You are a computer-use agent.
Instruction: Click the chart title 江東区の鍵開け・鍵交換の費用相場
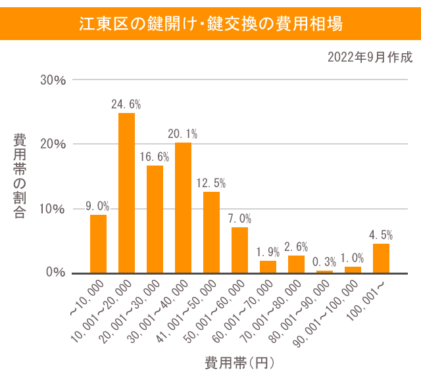coord(210,24)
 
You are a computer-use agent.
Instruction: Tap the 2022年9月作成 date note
coord(370,57)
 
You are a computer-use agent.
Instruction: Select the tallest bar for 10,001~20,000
coord(126,192)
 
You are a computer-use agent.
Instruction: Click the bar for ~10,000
coord(98,244)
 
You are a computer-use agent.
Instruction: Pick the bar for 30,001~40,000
coord(183,208)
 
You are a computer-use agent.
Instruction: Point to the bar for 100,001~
coord(381,258)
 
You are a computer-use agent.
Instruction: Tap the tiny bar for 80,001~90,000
coord(324,271)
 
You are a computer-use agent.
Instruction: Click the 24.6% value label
coord(126,104)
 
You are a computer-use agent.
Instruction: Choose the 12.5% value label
coord(211,183)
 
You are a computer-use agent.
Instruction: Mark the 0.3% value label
coord(324,261)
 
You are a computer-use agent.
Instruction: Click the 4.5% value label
coord(381,235)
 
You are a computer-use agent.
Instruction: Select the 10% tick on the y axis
coord(53,209)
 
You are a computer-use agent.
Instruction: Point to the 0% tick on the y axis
coord(56,273)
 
